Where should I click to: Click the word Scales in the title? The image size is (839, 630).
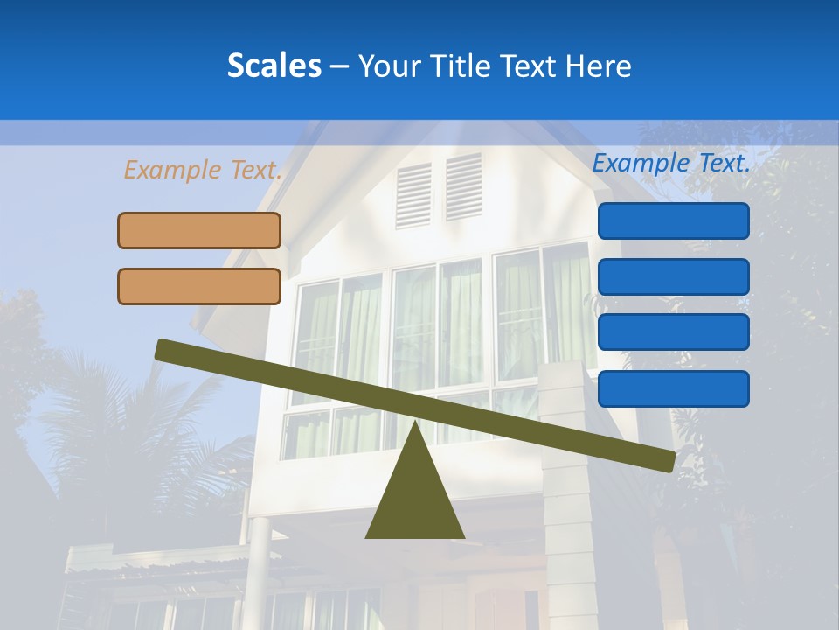pyautogui.click(x=274, y=66)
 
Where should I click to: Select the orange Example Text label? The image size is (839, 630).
pyautogui.click(x=203, y=170)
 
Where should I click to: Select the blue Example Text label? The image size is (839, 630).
pyautogui.click(x=671, y=163)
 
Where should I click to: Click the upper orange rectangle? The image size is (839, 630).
pyautogui.click(x=199, y=230)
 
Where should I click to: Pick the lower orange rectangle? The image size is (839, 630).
pyautogui.click(x=199, y=286)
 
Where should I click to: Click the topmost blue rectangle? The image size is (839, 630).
pyautogui.click(x=673, y=220)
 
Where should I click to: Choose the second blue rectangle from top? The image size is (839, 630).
pyautogui.click(x=673, y=276)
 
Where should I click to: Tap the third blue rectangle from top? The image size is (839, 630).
pyautogui.click(x=673, y=332)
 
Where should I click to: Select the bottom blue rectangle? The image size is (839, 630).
pyautogui.click(x=673, y=388)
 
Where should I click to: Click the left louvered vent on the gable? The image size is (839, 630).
pyautogui.click(x=413, y=195)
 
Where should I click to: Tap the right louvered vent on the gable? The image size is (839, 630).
pyautogui.click(x=463, y=185)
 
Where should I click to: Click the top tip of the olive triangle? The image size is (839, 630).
pyautogui.click(x=414, y=425)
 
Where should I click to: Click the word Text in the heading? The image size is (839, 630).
pyautogui.click(x=524, y=66)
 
